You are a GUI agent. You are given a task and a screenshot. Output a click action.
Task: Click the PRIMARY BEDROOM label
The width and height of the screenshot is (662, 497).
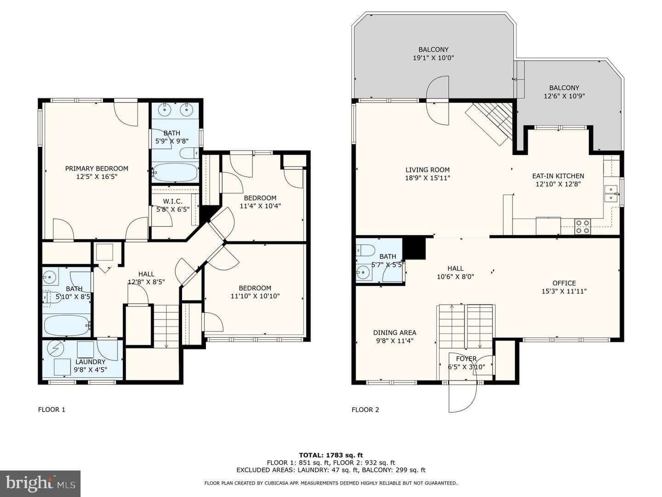coord(97,168)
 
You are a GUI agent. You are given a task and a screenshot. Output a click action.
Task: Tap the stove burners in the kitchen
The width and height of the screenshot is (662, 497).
coord(582,226)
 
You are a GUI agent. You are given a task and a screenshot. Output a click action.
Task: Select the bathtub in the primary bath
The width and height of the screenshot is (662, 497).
coord(175,172)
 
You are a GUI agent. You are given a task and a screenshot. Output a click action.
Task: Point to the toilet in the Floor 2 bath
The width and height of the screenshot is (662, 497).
coord(365,250)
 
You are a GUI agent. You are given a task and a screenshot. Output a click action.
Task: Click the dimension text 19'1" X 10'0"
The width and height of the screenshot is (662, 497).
coord(434,58)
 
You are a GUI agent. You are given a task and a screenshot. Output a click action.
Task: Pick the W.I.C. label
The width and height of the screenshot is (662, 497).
coord(172,201)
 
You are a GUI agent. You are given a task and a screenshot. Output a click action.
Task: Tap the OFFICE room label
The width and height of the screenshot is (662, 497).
coord(564,283)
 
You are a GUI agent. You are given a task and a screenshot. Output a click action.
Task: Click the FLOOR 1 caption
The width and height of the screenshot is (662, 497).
coord(51,410)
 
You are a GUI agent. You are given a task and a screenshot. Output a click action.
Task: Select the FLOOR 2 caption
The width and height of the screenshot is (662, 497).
coord(365,410)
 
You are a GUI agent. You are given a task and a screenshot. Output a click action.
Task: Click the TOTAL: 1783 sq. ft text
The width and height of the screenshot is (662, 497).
coord(331,455)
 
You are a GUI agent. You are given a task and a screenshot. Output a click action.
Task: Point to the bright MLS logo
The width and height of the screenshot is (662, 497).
coord(40,483)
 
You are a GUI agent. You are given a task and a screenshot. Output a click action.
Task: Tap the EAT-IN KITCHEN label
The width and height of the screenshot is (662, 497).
coord(558,176)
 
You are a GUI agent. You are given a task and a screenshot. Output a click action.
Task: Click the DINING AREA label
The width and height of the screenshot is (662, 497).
coord(394,333)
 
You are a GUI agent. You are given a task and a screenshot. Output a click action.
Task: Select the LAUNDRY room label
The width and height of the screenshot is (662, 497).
coord(90,362)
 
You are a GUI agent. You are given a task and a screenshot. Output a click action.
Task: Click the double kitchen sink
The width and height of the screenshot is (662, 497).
coord(611,194)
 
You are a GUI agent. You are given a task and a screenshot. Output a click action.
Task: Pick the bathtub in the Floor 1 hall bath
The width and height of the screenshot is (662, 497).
coord(67,326)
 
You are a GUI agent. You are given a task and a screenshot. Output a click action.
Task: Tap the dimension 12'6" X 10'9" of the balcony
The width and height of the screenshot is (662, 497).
coord(564,96)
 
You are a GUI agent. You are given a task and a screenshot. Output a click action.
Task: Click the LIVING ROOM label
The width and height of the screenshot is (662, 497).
coord(428,170)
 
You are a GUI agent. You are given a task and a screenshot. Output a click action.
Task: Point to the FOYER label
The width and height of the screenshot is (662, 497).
coord(466,358)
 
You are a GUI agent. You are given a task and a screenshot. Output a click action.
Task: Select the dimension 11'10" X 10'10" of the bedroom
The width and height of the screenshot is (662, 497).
coord(255,296)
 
